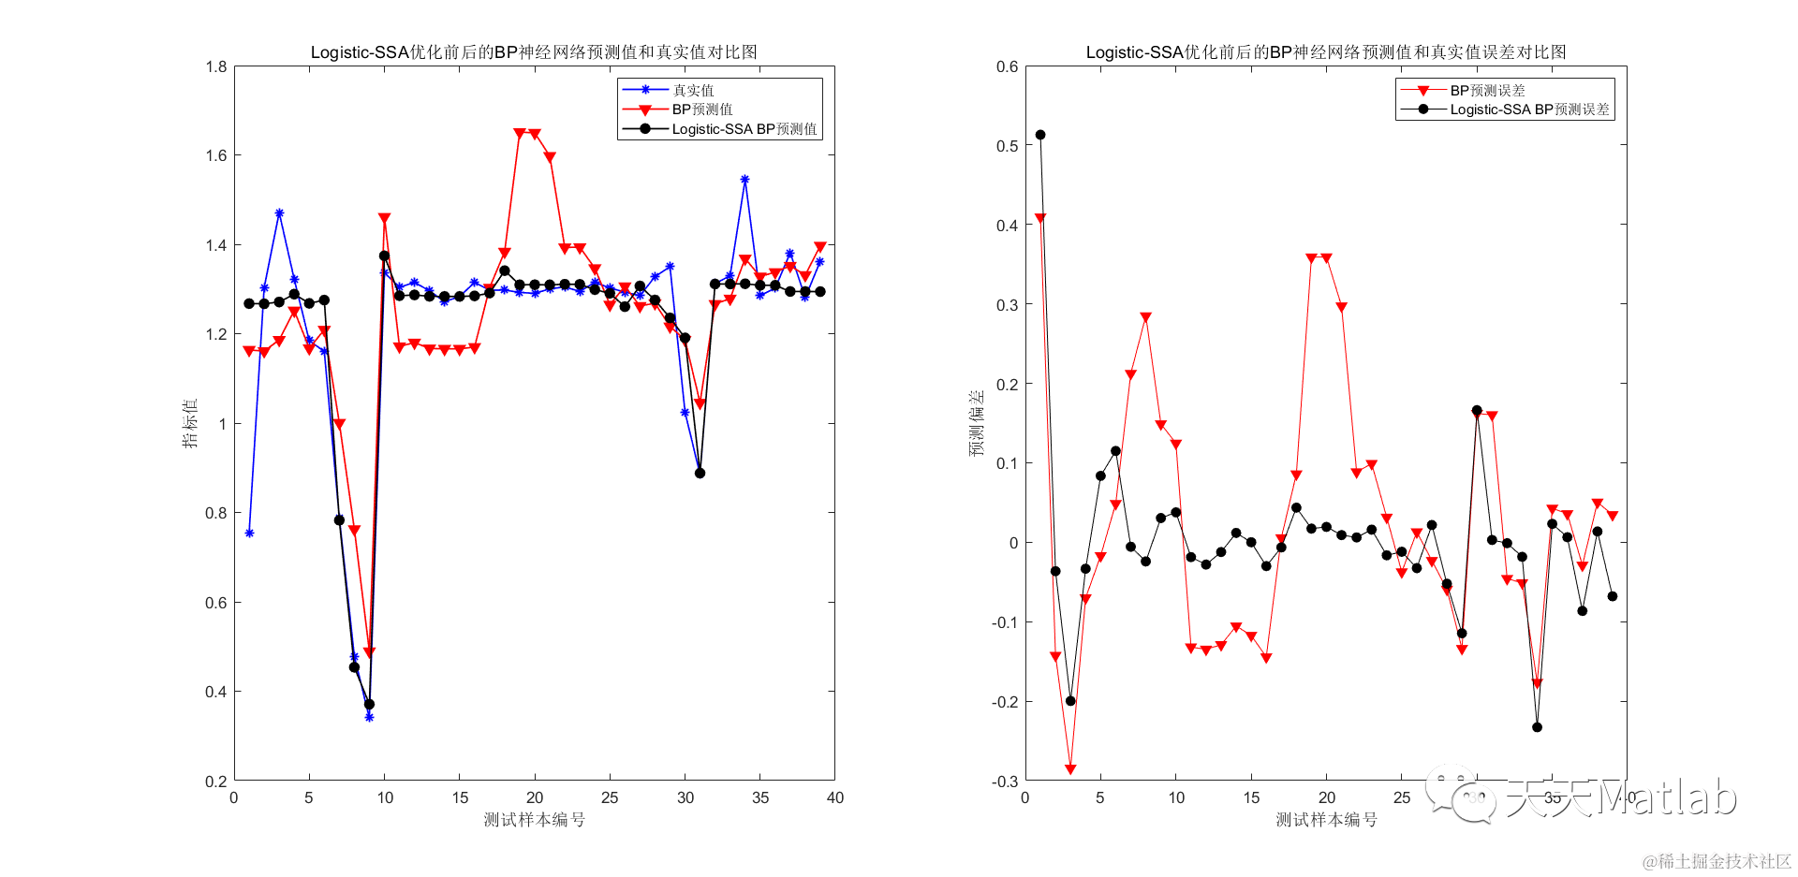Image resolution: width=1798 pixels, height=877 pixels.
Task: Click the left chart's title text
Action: (534, 52)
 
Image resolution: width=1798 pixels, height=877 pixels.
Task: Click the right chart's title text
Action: (1325, 52)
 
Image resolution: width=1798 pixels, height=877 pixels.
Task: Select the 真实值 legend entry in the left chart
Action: (693, 90)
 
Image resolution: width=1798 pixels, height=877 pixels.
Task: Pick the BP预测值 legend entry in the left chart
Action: (701, 110)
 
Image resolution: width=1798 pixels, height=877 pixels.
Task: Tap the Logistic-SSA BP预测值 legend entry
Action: (744, 129)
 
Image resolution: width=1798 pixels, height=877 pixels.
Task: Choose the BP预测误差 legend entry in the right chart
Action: (1487, 90)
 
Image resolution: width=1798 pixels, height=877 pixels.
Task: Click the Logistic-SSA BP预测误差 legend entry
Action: (1529, 110)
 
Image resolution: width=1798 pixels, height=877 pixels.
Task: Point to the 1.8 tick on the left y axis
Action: (216, 66)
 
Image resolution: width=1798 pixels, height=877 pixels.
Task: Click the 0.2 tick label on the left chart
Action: (216, 782)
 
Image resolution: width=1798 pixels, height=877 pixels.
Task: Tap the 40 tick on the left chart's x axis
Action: (835, 798)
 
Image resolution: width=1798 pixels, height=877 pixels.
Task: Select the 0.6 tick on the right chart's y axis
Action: (1008, 66)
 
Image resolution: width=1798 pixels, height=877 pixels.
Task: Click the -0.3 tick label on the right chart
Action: (1006, 782)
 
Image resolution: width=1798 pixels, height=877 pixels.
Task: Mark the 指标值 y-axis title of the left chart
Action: (190, 423)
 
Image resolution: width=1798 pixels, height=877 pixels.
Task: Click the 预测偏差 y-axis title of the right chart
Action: (977, 423)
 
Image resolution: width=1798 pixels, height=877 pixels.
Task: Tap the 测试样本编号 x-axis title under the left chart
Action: (534, 820)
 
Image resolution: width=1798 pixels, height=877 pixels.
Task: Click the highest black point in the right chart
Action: (1040, 135)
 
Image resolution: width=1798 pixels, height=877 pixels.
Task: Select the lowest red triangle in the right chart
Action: (1070, 769)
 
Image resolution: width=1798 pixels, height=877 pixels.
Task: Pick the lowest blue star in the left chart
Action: (369, 717)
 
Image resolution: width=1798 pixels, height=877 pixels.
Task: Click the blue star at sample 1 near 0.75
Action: (249, 533)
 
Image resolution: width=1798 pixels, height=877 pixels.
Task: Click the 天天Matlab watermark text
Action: (1620, 798)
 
